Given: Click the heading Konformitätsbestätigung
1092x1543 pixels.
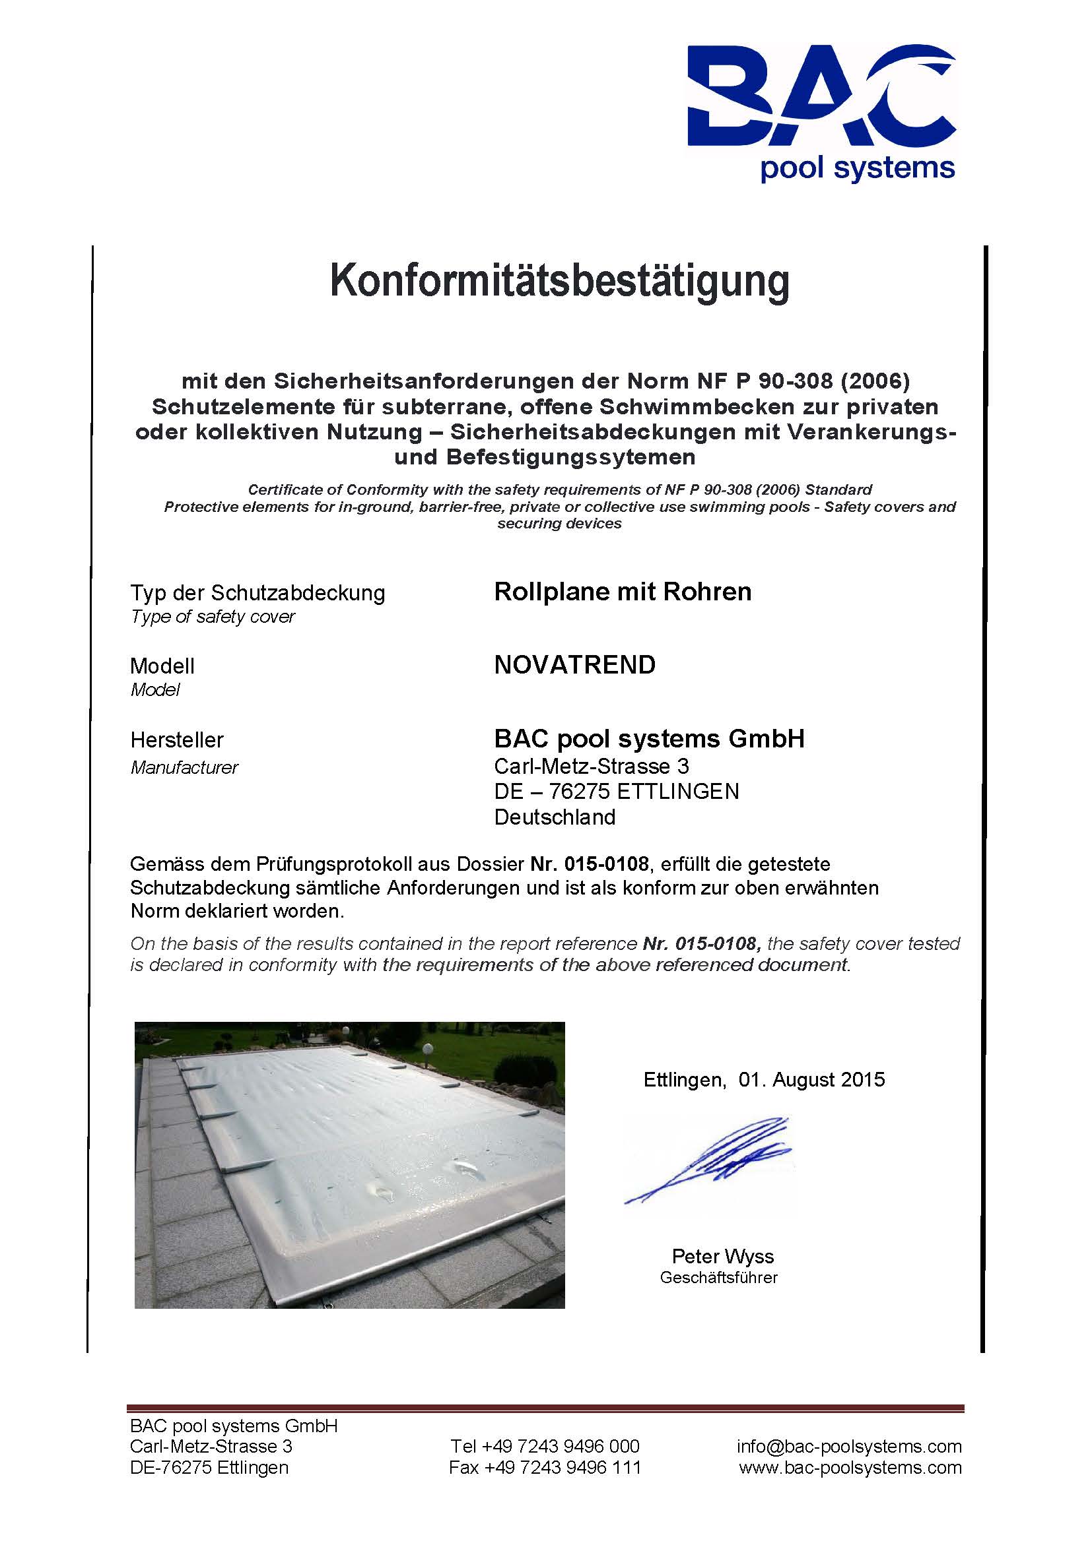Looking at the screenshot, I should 559,280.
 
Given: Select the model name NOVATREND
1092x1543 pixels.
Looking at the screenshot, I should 575,665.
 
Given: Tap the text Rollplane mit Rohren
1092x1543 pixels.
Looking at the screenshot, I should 623,591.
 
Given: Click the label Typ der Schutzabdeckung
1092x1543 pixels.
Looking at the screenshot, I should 257,593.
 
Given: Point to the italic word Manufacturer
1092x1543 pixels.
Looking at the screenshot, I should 184,767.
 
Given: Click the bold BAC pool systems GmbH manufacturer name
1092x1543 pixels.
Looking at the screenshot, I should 649,739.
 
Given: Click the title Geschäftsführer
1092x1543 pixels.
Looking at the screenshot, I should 719,1278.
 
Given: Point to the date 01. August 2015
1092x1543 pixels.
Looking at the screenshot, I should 811,1079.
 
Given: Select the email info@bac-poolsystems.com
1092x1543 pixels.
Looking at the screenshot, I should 848,1446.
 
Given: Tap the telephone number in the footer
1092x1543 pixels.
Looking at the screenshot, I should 545,1446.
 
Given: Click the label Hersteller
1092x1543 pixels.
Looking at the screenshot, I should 177,740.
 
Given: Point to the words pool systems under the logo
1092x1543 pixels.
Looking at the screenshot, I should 858,168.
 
